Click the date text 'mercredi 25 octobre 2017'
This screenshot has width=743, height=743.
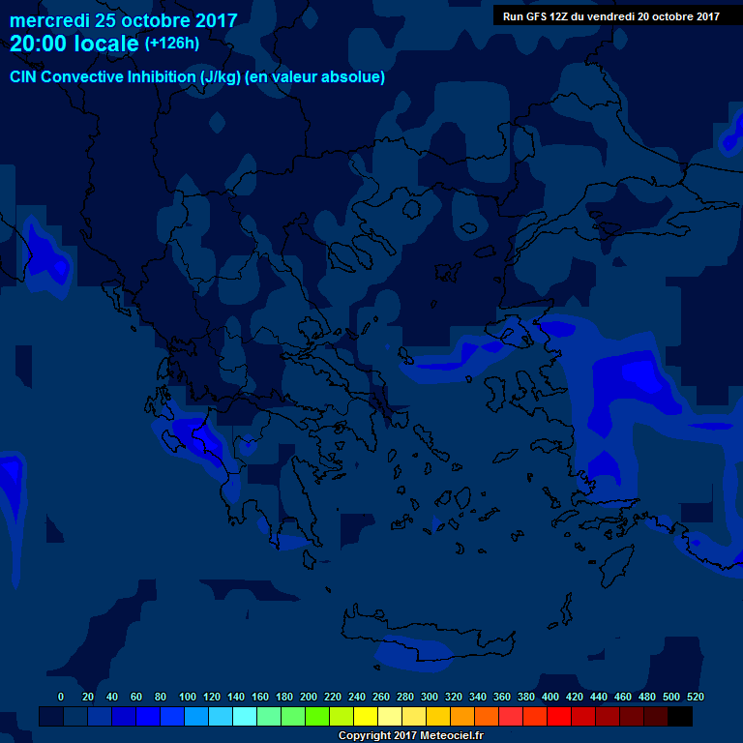tap(123, 19)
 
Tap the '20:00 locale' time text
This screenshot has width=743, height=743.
tap(74, 44)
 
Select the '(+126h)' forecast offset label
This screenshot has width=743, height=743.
tap(171, 44)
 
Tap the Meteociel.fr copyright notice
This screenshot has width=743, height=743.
tap(411, 735)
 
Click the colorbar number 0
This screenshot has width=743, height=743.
tap(61, 697)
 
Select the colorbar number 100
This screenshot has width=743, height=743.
tap(188, 697)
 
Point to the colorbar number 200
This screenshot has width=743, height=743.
tap(309, 697)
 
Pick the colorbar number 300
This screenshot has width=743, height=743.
tap(430, 697)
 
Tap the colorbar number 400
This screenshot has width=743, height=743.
tap(550, 697)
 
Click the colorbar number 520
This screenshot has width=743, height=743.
tap(695, 697)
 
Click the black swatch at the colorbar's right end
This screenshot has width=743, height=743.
tap(680, 716)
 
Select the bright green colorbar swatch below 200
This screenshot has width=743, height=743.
tap(317, 716)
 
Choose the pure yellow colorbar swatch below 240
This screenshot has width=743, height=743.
tap(366, 716)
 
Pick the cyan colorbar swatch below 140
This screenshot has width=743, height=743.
tap(245, 716)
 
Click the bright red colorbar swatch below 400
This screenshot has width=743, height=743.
tap(559, 716)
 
